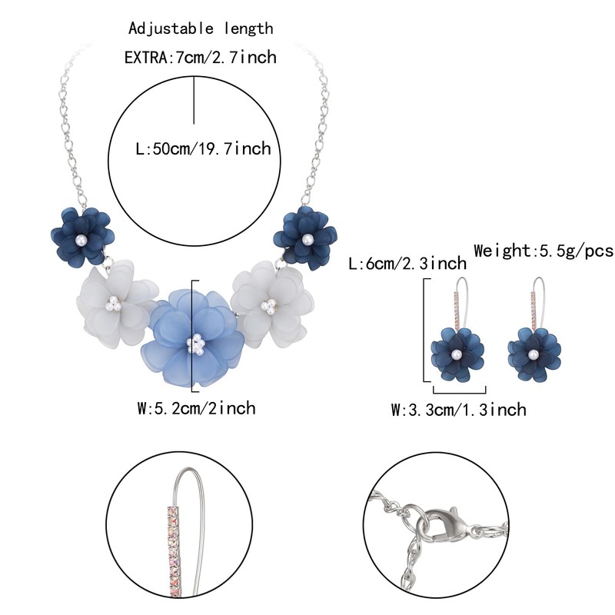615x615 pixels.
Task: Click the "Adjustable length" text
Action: coord(201,29)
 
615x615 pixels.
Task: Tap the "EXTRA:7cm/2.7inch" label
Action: coord(200,57)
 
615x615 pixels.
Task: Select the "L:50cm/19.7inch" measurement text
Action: coord(203,148)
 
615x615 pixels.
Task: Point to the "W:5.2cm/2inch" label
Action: coord(196,407)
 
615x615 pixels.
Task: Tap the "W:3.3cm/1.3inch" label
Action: coord(459,409)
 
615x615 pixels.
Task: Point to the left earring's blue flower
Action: coord(457,353)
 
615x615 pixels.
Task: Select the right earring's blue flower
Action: coord(533,353)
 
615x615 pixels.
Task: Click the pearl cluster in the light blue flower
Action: coord(197,344)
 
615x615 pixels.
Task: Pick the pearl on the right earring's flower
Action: coord(533,354)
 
